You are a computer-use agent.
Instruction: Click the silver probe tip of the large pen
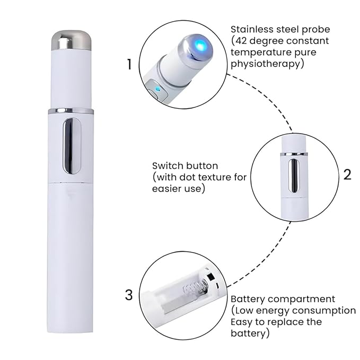tap(71, 40)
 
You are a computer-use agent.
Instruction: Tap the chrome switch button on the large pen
tap(72, 146)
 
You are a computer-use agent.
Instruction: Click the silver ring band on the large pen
tap(71, 111)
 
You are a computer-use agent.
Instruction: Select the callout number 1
tap(130, 64)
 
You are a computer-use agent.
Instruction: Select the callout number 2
tap(347, 174)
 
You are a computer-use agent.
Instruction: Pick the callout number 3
tap(129, 295)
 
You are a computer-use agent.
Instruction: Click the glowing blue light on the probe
tap(200, 44)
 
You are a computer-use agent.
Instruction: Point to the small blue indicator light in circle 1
tap(157, 89)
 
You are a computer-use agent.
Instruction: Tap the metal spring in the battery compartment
tap(196, 288)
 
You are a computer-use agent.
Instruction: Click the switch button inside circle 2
tap(294, 175)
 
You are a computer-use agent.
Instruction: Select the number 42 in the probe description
tap(242, 41)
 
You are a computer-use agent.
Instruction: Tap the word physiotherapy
tap(266, 64)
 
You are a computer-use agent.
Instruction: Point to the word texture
tap(216, 177)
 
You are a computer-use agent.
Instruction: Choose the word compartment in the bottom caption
tap(302, 300)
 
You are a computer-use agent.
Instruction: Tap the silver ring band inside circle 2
tap(294, 154)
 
